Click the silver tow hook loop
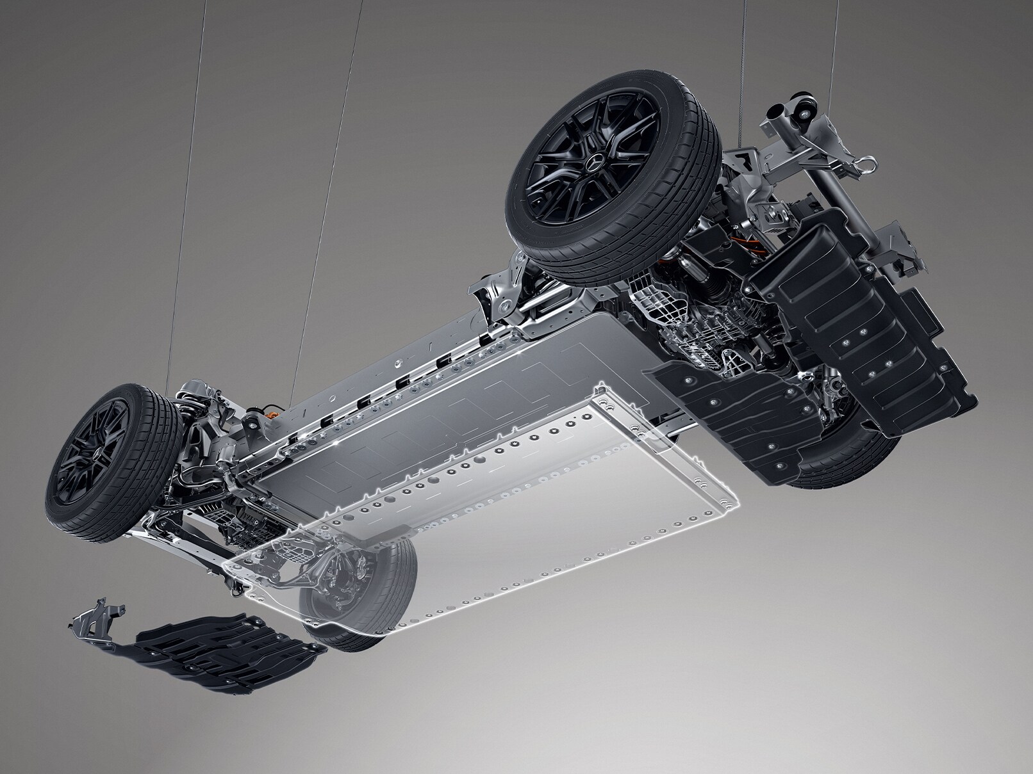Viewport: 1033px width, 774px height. [x=870, y=168]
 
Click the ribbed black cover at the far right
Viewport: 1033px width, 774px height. [x=859, y=320]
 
